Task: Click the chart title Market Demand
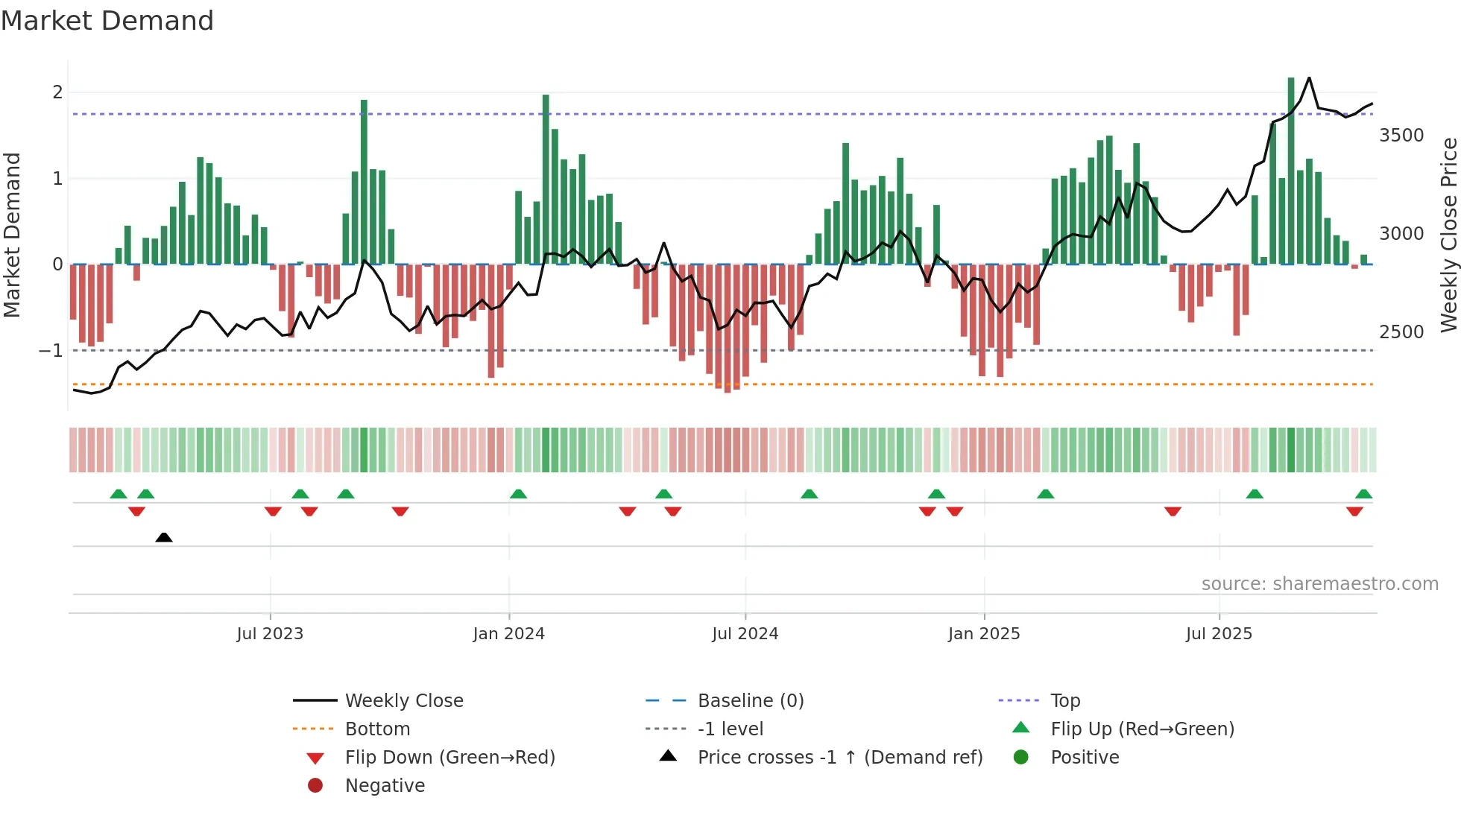107,21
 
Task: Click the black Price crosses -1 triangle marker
164,537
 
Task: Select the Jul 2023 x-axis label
270,634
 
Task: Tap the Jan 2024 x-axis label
508,634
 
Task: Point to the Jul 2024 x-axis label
745,634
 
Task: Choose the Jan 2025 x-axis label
984,634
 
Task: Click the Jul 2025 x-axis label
1219,634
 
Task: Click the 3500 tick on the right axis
1401,136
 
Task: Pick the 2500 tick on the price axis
1401,332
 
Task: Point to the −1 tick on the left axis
51,350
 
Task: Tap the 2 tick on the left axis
57,92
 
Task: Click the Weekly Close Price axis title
1448,235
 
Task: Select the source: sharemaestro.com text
1319,584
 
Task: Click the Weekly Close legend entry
404,701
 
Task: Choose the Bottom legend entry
377,729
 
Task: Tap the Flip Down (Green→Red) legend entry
449,758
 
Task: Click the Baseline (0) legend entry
751,701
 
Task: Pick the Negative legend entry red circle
315,786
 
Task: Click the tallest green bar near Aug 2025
1291,171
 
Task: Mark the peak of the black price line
1309,77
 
